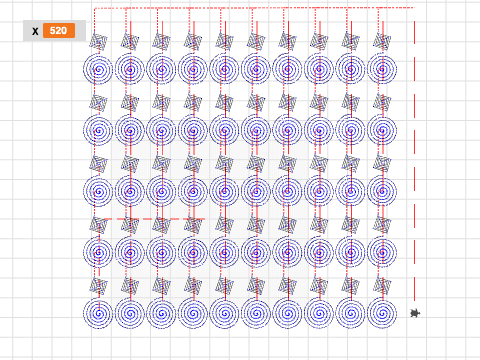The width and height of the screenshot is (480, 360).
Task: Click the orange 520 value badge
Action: [x=59, y=31]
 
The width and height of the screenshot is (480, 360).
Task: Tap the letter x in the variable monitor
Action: [x=35, y=31]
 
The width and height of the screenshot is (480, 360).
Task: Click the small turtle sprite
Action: [x=415, y=313]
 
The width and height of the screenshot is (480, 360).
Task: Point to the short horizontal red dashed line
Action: [x=154, y=219]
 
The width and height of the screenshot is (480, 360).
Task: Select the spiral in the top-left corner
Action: [x=98, y=70]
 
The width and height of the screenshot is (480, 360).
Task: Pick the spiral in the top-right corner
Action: [x=382, y=70]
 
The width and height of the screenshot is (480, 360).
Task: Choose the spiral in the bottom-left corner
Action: [x=98, y=313]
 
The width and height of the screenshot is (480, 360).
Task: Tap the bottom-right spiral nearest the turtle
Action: [x=382, y=313]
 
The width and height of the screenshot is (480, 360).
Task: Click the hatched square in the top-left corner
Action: [x=98, y=41]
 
